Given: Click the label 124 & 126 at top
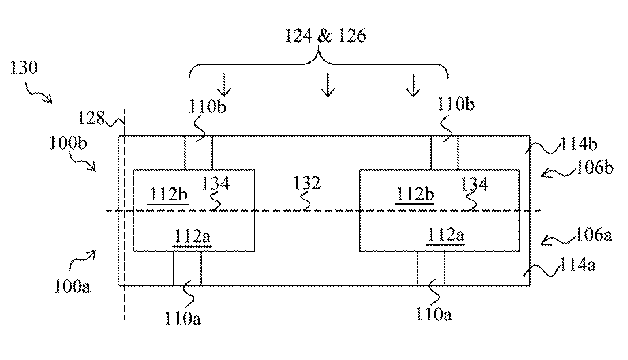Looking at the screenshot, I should click(x=325, y=36).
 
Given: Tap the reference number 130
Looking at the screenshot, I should click(x=23, y=68).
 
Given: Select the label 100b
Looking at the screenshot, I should click(x=68, y=143).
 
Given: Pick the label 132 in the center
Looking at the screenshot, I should click(x=308, y=184).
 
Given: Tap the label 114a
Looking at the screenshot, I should click(x=577, y=265).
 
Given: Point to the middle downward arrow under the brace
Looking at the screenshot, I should click(x=327, y=85).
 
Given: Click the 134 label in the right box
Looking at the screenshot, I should click(x=474, y=184).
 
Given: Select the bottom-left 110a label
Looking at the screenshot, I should click(x=183, y=319).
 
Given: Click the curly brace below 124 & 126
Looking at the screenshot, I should click(x=318, y=63).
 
